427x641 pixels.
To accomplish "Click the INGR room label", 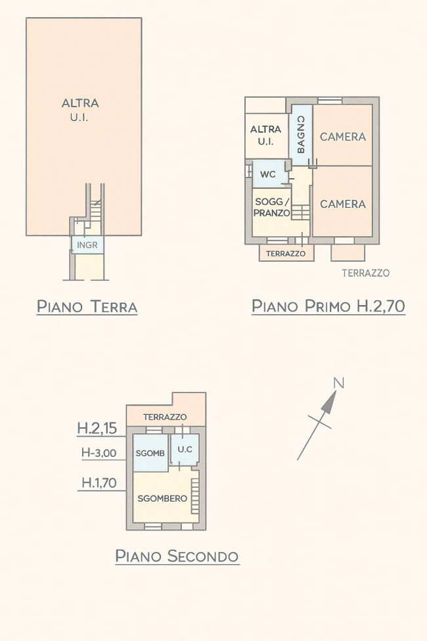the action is [87, 245].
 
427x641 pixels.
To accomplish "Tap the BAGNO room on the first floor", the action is [301, 135].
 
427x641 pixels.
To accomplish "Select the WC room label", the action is [268, 175].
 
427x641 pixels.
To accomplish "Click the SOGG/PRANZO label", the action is [272, 207].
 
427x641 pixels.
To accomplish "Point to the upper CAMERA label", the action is [343, 137].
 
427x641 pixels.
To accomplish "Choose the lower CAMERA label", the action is [343, 204].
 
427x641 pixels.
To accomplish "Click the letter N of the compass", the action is [339, 383].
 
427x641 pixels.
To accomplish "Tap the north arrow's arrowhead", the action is [330, 402].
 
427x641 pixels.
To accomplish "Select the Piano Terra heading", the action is [87, 306].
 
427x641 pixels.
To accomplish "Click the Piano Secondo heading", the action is [177, 556].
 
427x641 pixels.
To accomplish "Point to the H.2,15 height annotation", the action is [97, 428].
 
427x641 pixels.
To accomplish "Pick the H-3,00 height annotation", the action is [99, 452].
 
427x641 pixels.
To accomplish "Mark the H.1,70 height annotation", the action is [99, 483].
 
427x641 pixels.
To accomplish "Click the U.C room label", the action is [185, 449].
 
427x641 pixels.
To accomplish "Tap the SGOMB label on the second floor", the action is [150, 453].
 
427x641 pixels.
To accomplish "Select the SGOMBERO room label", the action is [163, 498].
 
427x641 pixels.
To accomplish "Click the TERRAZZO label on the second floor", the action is [165, 417].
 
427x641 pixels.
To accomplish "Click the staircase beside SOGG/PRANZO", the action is [301, 212].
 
